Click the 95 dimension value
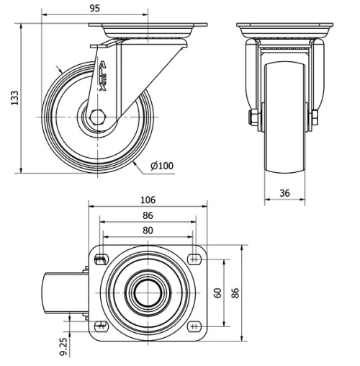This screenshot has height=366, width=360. tap(94, 8)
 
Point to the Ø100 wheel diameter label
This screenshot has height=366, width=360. tap(162, 166)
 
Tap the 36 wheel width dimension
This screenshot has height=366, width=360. tap(286, 192)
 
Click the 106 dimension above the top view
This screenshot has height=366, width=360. tap(148, 200)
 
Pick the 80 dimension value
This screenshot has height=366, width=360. tap(148, 231)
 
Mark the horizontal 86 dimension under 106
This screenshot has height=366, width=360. tap(148, 215)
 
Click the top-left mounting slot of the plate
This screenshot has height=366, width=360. tap(100, 259)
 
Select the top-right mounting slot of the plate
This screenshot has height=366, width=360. tap(194, 259)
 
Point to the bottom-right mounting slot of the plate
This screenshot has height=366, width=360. tap(194, 326)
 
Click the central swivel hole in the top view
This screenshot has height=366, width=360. tap(148, 293)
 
